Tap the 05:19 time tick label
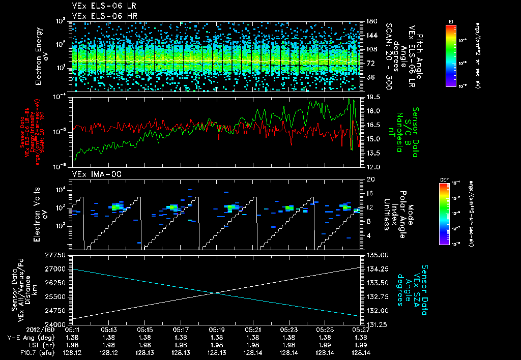click(217, 329)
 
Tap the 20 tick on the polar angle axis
click(369, 179)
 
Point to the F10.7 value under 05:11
click(72, 352)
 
